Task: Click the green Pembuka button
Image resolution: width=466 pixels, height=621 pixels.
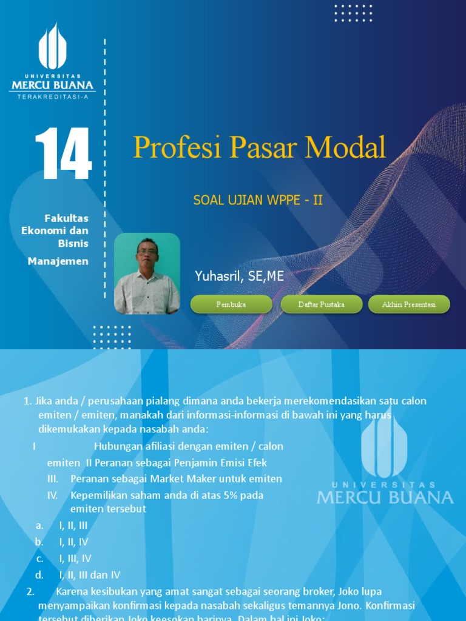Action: tap(231, 304)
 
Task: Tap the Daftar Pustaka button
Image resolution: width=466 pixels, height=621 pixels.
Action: tap(322, 304)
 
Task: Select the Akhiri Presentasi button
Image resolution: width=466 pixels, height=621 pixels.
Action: tap(409, 304)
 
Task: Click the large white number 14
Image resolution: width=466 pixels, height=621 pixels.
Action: tap(63, 154)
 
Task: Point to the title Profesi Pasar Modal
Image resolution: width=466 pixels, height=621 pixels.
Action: tap(259, 147)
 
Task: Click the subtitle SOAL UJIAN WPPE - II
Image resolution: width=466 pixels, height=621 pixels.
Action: tap(258, 200)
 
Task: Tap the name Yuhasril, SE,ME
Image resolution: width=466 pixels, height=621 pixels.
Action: tap(239, 277)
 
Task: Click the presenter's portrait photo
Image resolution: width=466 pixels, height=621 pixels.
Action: tap(147, 274)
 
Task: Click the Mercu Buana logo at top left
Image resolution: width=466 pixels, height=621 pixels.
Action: tap(52, 61)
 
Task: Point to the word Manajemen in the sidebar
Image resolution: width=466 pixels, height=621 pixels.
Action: tap(58, 261)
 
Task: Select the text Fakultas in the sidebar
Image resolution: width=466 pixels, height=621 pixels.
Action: tap(67, 218)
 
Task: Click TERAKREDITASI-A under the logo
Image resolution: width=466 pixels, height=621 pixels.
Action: tap(52, 96)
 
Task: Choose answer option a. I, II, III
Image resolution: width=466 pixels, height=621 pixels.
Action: tap(73, 526)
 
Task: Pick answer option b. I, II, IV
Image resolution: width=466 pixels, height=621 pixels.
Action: tap(73, 542)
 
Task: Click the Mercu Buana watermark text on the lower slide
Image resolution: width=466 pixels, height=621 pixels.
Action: tap(385, 497)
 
